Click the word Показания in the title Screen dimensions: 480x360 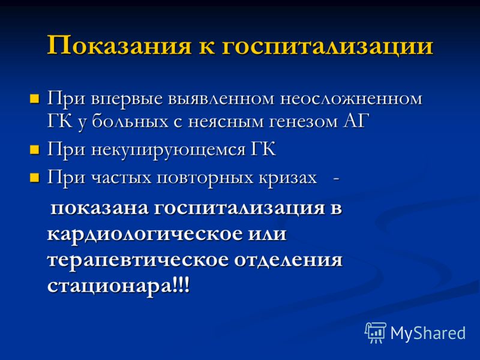pyautogui.click(x=119, y=46)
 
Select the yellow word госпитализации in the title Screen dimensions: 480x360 pyautogui.click(x=327, y=47)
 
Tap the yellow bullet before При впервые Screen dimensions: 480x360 pyautogui.click(x=35, y=99)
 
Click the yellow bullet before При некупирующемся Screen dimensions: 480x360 pyautogui.click(x=35, y=149)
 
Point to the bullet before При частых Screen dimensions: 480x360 pyautogui.click(x=35, y=178)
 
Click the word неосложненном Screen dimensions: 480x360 pyautogui.click(x=351, y=99)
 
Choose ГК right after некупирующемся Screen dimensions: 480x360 pyautogui.click(x=263, y=149)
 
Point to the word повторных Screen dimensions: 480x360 pyautogui.click(x=205, y=178)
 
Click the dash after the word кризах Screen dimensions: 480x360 pyautogui.click(x=336, y=178)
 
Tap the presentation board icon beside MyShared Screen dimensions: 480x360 pyautogui.click(x=376, y=332)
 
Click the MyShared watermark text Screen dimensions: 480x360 pyautogui.click(x=428, y=334)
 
